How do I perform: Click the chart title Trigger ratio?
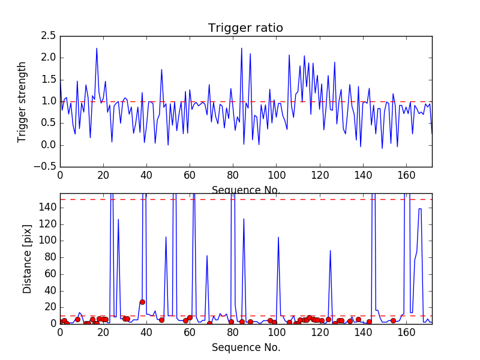(245, 28)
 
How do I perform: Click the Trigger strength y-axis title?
(22, 101)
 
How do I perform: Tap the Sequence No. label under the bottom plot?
(245, 347)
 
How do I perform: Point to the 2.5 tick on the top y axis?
(49, 36)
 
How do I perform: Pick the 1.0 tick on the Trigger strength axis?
(49, 101)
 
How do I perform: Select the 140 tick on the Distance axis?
(47, 208)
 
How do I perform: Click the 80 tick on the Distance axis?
(49, 257)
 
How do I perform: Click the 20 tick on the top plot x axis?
(103, 176)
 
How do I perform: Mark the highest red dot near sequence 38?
(142, 302)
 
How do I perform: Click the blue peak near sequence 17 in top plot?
(97, 49)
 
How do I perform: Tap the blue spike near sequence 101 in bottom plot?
(278, 237)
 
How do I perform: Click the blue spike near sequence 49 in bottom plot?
(166, 236)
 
